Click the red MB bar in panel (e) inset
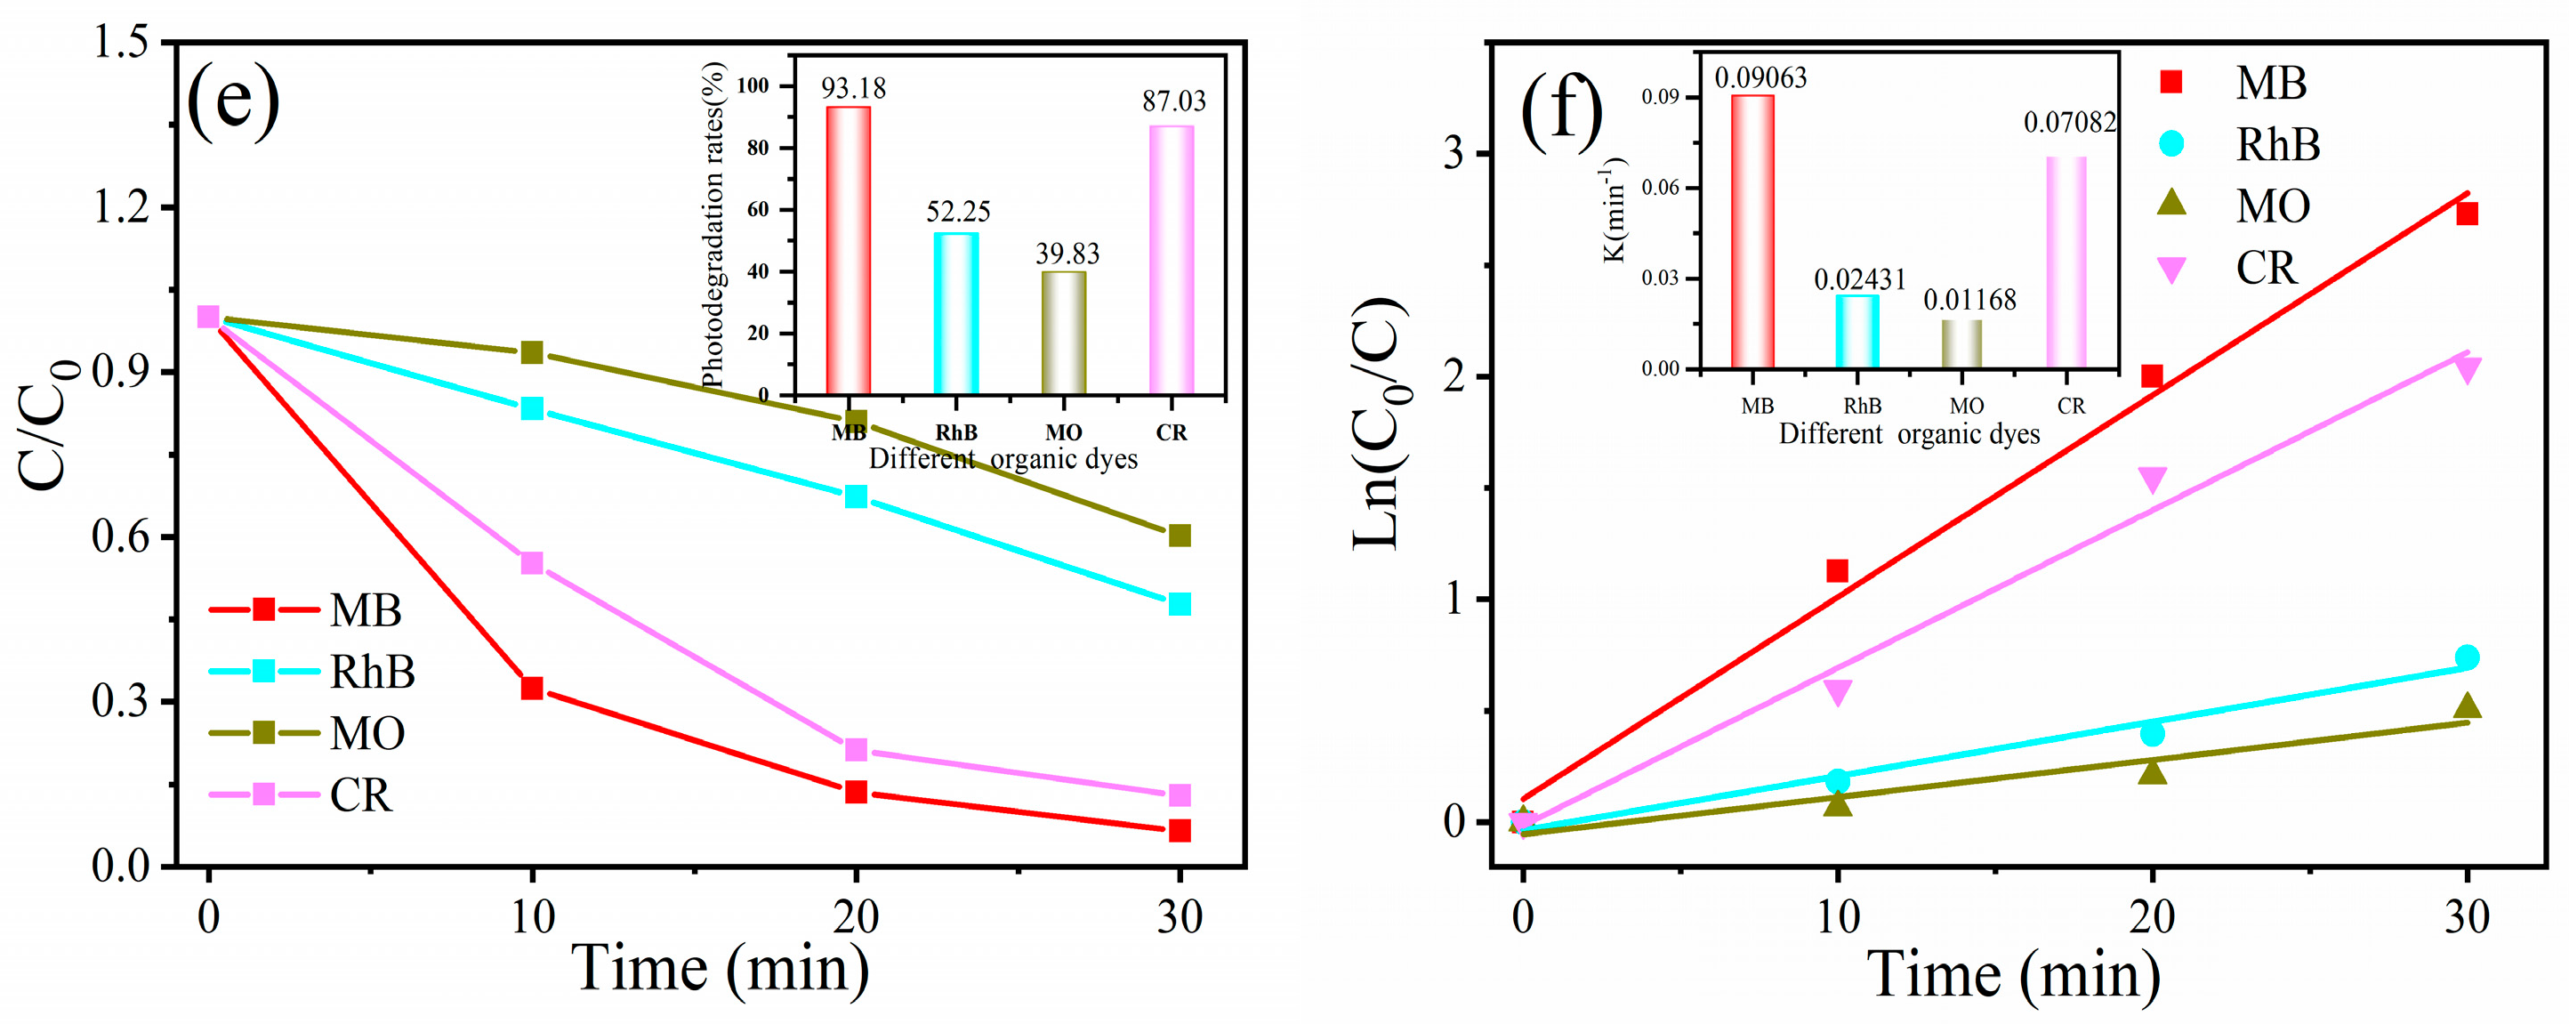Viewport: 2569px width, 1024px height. pos(848,249)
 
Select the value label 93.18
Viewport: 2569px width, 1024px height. pos(853,88)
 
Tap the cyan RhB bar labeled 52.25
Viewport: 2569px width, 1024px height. pos(955,313)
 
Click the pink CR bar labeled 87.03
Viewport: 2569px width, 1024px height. pos(1171,259)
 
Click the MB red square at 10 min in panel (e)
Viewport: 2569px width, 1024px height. pos(532,688)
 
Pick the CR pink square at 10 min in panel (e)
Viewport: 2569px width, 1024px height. pos(532,563)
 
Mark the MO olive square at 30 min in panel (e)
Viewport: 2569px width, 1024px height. pos(1179,536)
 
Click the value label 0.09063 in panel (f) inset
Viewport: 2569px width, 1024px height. pos(1760,77)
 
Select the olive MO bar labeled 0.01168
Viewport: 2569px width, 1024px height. pos(1961,343)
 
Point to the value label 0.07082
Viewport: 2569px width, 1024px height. pos(2069,123)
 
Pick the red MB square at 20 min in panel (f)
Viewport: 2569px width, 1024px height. pos(2151,376)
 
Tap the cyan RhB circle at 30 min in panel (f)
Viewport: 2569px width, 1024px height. pos(2467,657)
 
